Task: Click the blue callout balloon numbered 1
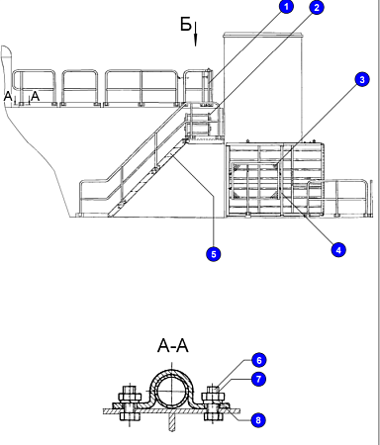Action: pos(286,7)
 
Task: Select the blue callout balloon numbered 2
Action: pos(317,7)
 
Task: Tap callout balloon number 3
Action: pos(362,79)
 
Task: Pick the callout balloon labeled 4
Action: pos(338,250)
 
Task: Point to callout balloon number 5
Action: pos(214,254)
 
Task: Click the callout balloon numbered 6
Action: pos(259,360)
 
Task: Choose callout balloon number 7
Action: pos(259,379)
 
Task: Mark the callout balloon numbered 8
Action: pos(258,420)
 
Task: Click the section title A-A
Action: pos(173,346)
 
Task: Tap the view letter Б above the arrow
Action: pos(186,24)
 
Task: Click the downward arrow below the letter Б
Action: pos(195,34)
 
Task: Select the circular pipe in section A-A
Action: pos(171,391)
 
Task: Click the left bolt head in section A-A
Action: pos(130,393)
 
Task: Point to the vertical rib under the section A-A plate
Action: pos(171,422)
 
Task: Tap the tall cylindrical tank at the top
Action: pos(263,86)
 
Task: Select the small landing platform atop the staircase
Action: pos(205,140)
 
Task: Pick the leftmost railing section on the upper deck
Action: pos(34,87)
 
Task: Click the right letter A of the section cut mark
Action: pos(35,96)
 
